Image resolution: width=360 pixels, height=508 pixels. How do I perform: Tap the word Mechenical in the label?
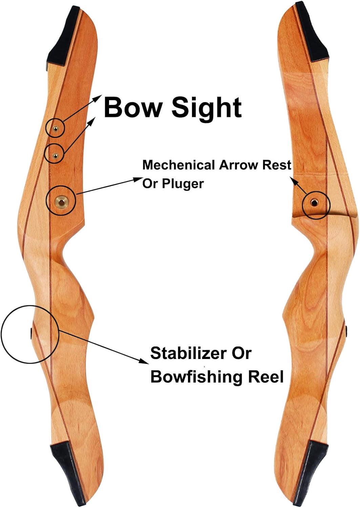click(178, 165)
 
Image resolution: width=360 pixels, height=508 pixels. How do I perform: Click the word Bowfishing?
click(196, 377)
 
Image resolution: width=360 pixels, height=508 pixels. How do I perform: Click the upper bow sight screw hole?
click(55, 129)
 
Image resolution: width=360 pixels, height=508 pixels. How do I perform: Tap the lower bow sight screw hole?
click(55, 155)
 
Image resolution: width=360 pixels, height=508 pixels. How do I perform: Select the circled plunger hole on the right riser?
click(314, 203)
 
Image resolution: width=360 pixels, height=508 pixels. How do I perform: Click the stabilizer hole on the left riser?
click(31, 333)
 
